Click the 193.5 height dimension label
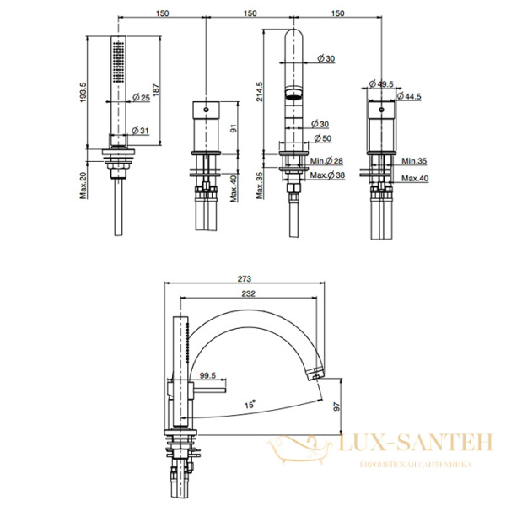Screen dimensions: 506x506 coord(83,92)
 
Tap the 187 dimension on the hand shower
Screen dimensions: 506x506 coord(156,90)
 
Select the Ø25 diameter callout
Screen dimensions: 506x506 coord(142,97)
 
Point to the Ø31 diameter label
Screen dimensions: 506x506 coord(140,131)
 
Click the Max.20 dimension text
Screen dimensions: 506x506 coord(83,185)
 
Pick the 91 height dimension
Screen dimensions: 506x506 coord(234,128)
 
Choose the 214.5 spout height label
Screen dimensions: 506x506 coord(260,92)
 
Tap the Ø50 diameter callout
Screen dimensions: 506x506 coord(323,138)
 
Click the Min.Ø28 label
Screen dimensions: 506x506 coord(326,160)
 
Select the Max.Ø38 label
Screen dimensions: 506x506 coord(327,175)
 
